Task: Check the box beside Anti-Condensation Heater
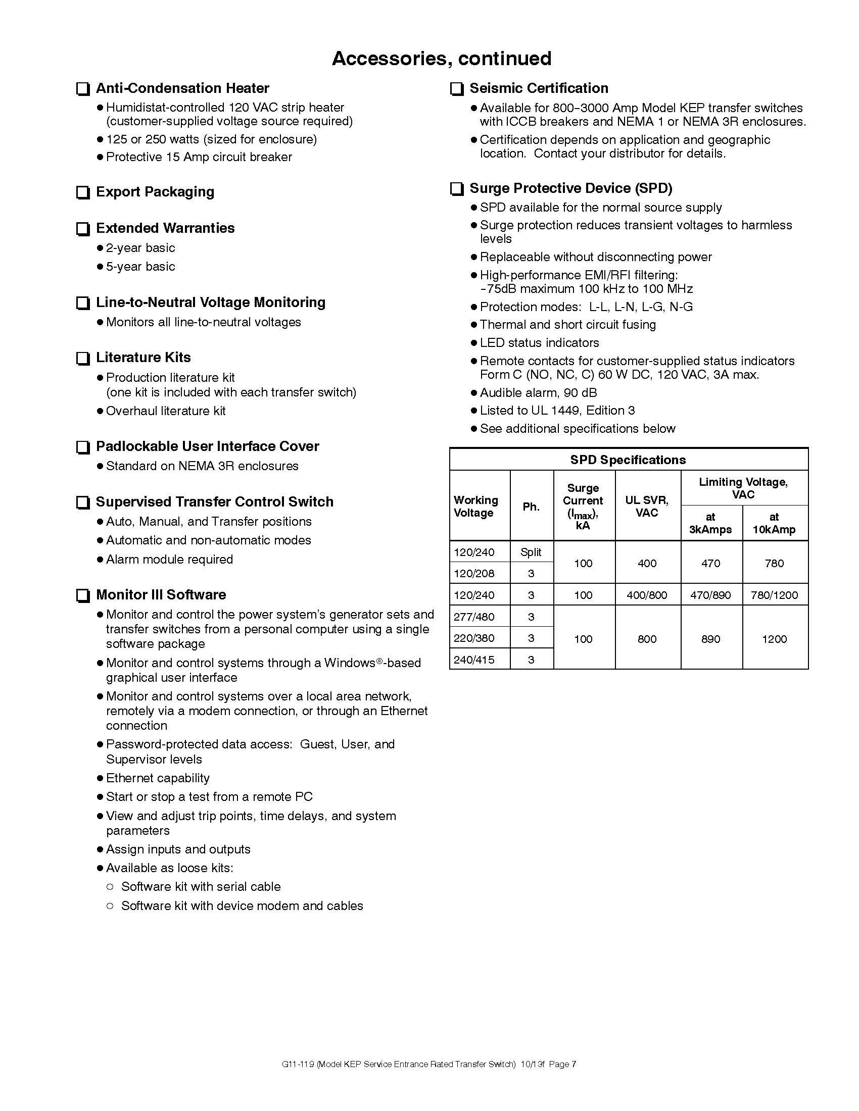pyautogui.click(x=82, y=89)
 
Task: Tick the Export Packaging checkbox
pyautogui.click(x=82, y=193)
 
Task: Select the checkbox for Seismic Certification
pyautogui.click(x=456, y=89)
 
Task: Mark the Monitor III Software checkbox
pyautogui.click(x=82, y=596)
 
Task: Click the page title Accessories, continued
pyautogui.click(x=441, y=59)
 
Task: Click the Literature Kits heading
pyautogui.click(x=143, y=358)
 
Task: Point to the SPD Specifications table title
pyautogui.click(x=628, y=460)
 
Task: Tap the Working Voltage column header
pyautogui.click(x=475, y=506)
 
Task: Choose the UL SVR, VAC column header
pyautogui.click(x=646, y=506)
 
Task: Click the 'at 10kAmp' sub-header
pyautogui.click(x=774, y=523)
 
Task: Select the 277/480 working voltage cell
pyautogui.click(x=474, y=617)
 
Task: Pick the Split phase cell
pyautogui.click(x=531, y=552)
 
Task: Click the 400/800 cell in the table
pyautogui.click(x=646, y=595)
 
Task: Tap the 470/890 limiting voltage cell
pyautogui.click(x=710, y=595)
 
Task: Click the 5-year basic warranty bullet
pyautogui.click(x=140, y=267)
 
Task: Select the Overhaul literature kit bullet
pyautogui.click(x=165, y=411)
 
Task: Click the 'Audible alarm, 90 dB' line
pyautogui.click(x=538, y=393)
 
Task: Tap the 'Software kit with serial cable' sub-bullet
pyautogui.click(x=201, y=887)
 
